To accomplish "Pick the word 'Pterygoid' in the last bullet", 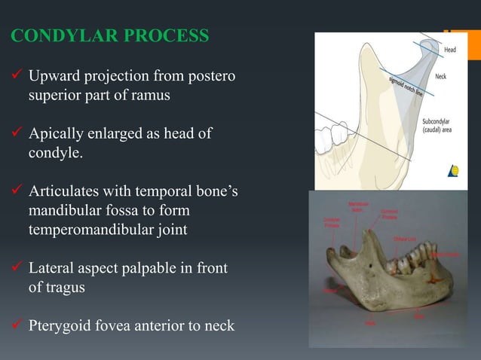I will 61,326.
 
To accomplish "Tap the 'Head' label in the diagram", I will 449,50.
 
